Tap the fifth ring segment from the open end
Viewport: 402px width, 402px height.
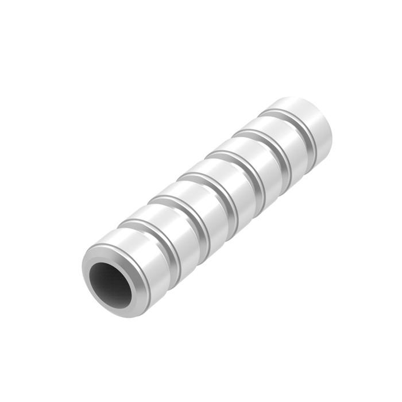pyautogui.click(x=253, y=164)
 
